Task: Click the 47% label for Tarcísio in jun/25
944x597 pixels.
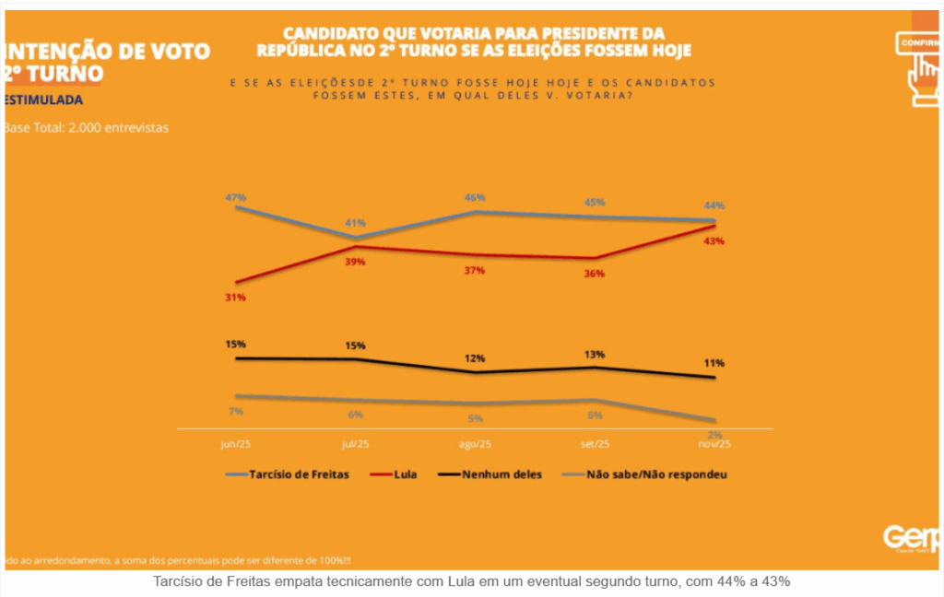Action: (x=236, y=197)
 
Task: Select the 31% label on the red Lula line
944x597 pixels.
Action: (x=236, y=298)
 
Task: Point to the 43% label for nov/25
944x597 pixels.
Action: (x=714, y=241)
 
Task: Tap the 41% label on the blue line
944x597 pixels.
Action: (x=356, y=223)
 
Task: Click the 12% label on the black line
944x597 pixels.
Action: (x=475, y=358)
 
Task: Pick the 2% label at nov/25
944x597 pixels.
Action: (x=714, y=435)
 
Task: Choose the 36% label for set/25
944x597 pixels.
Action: (x=595, y=275)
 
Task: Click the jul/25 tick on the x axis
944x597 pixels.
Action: (x=356, y=443)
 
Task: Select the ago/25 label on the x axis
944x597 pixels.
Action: (x=475, y=443)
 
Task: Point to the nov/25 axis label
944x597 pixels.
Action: (x=714, y=443)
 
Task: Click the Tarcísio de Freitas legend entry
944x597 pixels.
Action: (x=297, y=475)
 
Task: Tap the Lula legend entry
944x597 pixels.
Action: (x=404, y=475)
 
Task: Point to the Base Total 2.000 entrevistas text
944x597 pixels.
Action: (x=87, y=128)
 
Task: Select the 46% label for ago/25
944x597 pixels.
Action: (x=475, y=198)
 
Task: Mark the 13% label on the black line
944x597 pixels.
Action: (x=595, y=355)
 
